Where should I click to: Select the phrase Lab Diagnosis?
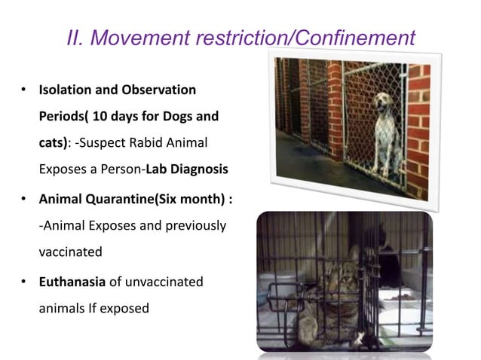coord(188,169)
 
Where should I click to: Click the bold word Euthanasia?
coord(74,282)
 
